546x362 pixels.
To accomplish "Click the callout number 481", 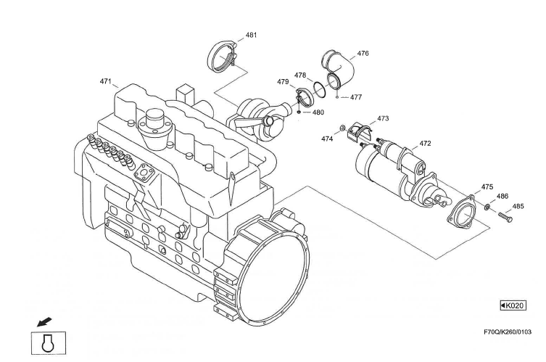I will click(251, 35).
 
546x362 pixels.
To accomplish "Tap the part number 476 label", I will click(363, 54).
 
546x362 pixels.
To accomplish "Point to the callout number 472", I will click(425, 144).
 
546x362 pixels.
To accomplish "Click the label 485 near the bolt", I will click(518, 206).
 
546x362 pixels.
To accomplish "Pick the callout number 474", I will click(327, 138).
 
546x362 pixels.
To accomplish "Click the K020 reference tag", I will click(513, 305).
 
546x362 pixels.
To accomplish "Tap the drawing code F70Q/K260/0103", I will click(507, 332).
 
